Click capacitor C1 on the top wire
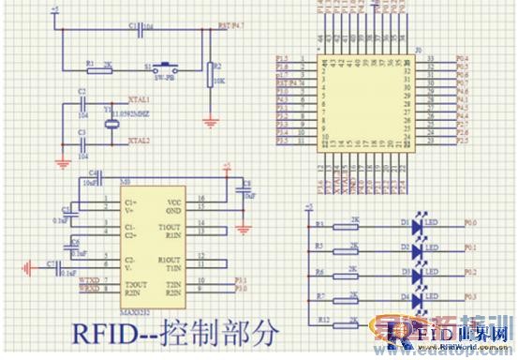(x=141, y=30)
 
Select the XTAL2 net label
(x=138, y=142)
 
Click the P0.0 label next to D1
(x=469, y=223)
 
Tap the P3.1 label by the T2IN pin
(x=240, y=280)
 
